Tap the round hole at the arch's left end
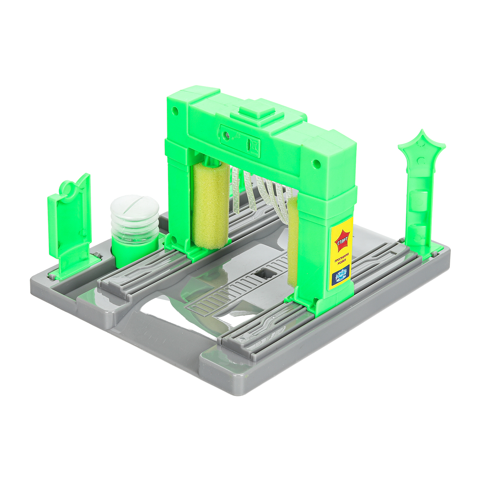tap(175, 111)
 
